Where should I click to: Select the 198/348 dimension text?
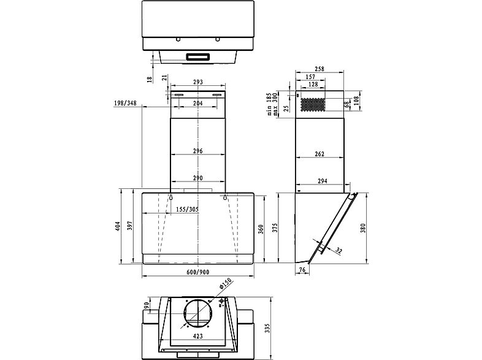(x=125, y=103)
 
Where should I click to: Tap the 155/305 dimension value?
(x=188, y=210)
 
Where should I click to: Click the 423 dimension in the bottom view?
(x=198, y=335)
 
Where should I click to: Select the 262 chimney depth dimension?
(x=319, y=154)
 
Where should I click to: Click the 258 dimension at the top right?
(x=319, y=69)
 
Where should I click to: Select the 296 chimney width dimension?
(x=198, y=151)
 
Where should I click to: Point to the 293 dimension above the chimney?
(x=197, y=82)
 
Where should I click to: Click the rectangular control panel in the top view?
(x=197, y=57)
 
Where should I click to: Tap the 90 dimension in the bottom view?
(x=147, y=306)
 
